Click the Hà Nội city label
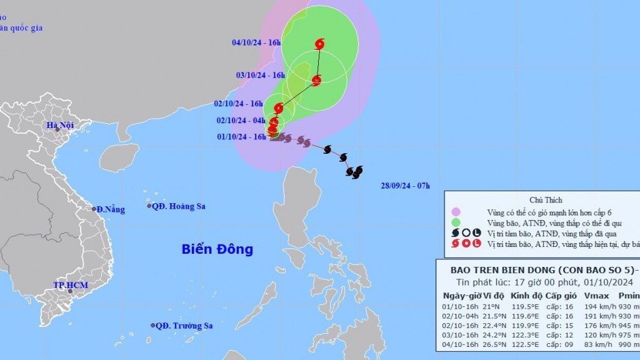[60, 126]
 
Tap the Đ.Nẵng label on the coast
[111, 210]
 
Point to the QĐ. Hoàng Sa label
[180, 206]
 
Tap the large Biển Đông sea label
[217, 249]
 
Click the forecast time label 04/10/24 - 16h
[256, 43]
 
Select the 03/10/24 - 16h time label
[261, 76]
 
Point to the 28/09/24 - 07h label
[406, 186]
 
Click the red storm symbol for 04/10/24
[320, 44]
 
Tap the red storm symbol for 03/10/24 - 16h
[316, 81]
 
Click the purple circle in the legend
[456, 212]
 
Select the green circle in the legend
[456, 222]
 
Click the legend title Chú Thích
[545, 200]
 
